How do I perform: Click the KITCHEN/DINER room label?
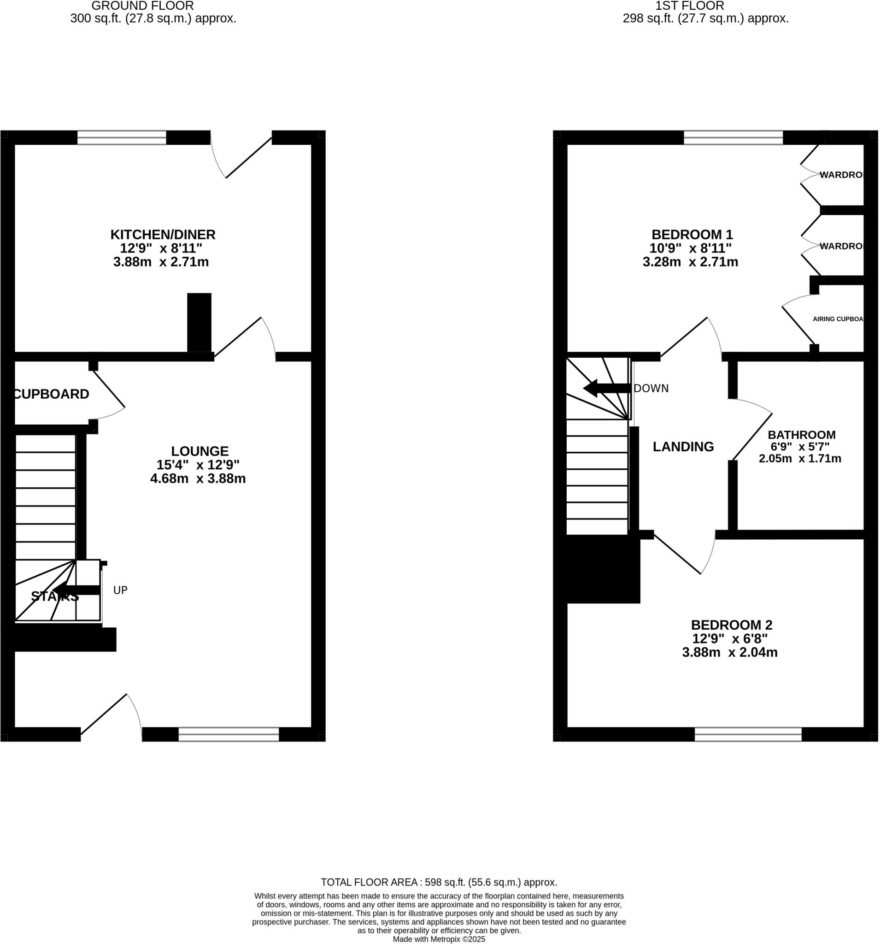tap(163, 235)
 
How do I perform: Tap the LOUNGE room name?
tap(200, 451)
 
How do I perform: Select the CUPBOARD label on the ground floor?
tap(52, 394)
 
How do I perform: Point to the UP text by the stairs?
tap(121, 590)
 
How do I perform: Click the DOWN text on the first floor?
tap(651, 389)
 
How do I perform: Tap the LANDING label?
tap(683, 447)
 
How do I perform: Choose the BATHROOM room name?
tap(802, 435)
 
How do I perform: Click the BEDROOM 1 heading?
tap(692, 235)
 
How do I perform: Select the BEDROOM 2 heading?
tap(732, 625)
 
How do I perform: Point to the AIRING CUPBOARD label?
tap(838, 319)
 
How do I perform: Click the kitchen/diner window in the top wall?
tap(122, 138)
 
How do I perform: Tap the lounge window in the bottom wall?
tap(229, 735)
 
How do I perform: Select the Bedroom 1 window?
tap(733, 138)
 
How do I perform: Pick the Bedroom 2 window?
tap(749, 735)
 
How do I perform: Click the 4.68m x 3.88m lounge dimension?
tap(198, 478)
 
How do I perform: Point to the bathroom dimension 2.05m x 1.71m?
tap(800, 459)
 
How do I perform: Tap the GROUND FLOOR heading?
tap(142, 6)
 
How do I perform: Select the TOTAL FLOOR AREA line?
tap(439, 882)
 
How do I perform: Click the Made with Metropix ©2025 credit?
tap(439, 939)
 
